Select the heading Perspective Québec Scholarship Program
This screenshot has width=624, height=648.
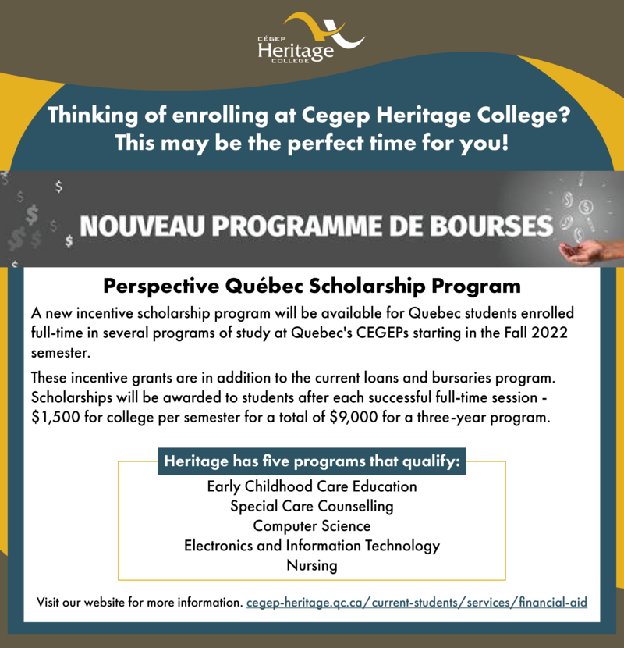(311, 283)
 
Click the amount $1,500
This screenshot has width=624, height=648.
(58, 417)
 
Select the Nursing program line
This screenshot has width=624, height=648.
(311, 565)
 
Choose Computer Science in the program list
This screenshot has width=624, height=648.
(311, 525)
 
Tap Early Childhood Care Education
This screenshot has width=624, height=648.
(311, 486)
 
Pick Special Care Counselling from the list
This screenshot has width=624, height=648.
(311, 506)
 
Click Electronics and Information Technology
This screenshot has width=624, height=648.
(311, 546)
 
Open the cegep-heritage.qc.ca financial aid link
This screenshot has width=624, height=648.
(417, 603)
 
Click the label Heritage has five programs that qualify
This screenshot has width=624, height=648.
(312, 461)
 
